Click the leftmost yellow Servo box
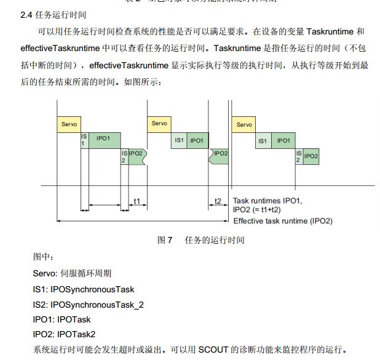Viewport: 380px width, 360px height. (x=68, y=124)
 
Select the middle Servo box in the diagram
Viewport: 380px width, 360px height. (x=159, y=124)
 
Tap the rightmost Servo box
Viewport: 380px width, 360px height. (x=243, y=124)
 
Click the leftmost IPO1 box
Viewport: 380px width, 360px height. (x=104, y=139)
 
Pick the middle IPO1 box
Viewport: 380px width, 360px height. (x=197, y=140)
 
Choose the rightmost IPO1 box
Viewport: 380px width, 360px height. (x=283, y=141)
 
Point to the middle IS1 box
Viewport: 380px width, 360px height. (x=179, y=140)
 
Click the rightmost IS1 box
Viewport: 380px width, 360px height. (x=263, y=141)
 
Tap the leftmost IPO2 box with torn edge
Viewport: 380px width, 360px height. (x=136, y=154)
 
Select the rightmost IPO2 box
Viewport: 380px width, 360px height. (x=311, y=156)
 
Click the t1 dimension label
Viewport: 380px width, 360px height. (x=137, y=201)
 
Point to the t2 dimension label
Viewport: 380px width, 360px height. (x=218, y=201)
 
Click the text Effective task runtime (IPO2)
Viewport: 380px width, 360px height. (x=282, y=221)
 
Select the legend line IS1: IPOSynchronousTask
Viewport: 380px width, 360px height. (x=83, y=289)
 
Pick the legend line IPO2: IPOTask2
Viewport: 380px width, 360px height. (x=64, y=334)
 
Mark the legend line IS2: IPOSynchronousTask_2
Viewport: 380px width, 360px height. (x=88, y=304)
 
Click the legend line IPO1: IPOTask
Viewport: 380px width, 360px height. (x=61, y=319)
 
